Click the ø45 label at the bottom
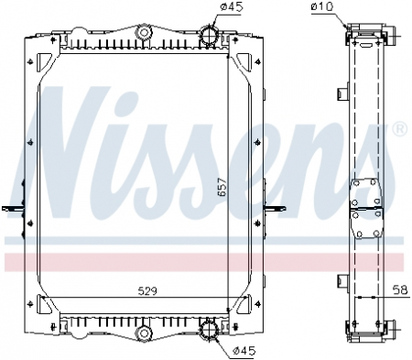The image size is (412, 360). point(242,350)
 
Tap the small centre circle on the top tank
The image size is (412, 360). point(142,34)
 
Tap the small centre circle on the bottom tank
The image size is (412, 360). point(142,330)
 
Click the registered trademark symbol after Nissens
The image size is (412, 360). point(399,131)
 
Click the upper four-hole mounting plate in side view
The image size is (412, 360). point(366,193)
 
